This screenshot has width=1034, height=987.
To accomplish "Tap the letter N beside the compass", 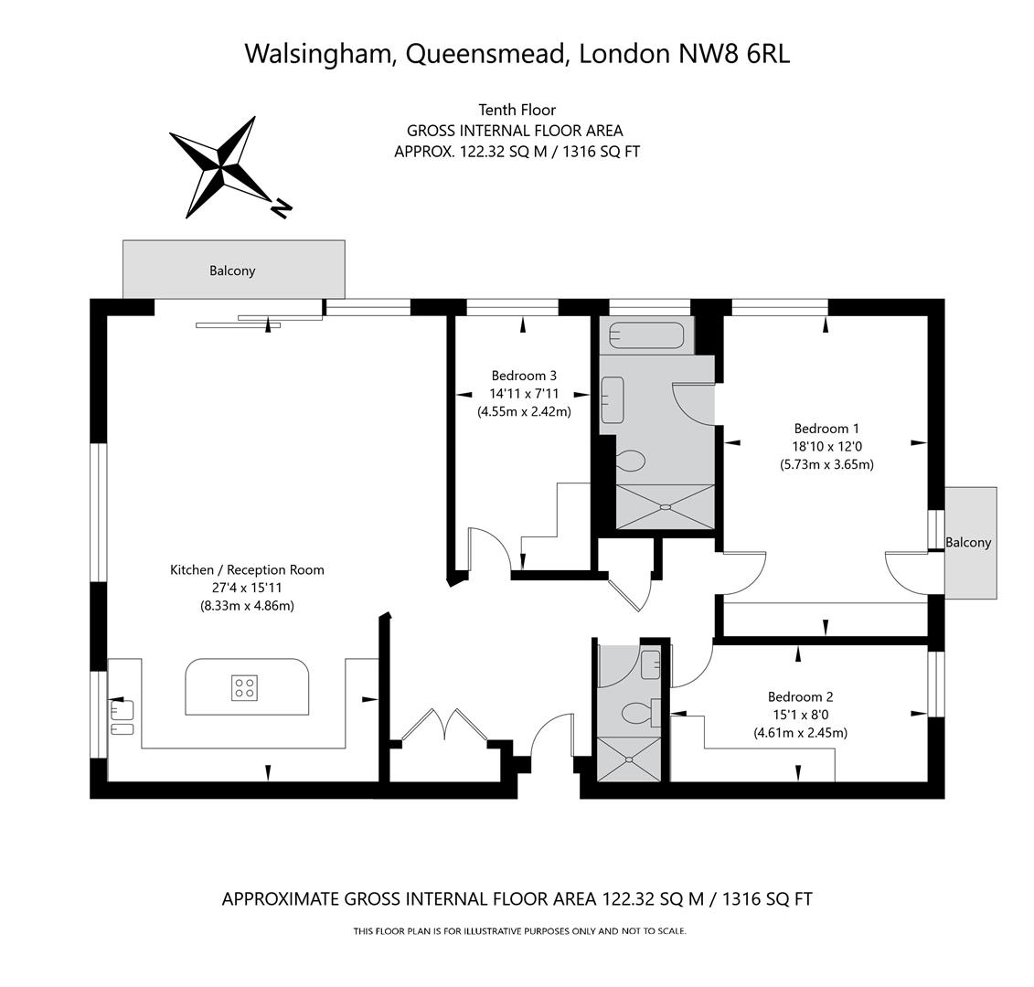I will pos(282,209).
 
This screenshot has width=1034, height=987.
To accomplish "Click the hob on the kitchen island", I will pos(244,687).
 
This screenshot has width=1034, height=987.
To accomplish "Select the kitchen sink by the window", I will pos(123,709).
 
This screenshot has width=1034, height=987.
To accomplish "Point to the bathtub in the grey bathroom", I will pos(646,335).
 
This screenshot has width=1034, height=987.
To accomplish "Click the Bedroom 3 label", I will pos(524,375).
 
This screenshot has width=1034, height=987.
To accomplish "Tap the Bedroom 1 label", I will pos(826,428).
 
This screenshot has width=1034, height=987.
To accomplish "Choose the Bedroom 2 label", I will pos(800,696).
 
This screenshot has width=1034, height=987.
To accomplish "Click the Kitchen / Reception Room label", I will pos(247,569).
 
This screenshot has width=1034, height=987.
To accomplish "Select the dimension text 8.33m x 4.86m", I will pos(247,605).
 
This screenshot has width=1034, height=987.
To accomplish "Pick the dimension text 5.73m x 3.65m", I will pos(826,463).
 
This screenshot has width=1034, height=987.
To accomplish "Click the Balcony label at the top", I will pos(232,271).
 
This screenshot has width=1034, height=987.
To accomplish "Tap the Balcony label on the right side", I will pos(968,542).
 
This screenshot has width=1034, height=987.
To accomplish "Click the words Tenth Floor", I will pos(517,110).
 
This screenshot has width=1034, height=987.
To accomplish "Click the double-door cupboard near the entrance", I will pos(444,726).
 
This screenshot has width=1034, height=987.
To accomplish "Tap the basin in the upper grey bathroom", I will pos(612,399).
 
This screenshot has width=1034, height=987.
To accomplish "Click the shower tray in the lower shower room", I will pos(631,758).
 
